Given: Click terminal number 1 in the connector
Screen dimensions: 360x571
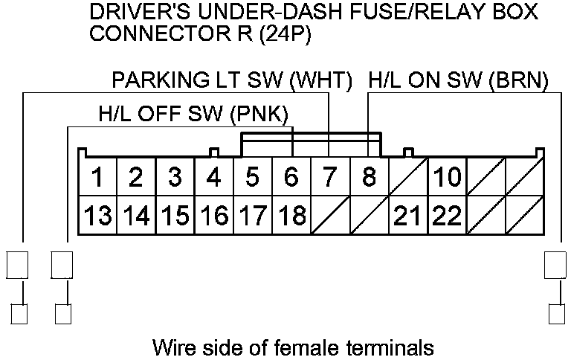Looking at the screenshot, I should [x=97, y=178].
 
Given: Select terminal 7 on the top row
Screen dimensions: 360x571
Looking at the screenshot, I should [x=329, y=178].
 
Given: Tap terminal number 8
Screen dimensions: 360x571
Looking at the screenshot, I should [x=369, y=178].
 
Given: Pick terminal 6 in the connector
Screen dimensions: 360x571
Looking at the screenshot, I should [x=291, y=178].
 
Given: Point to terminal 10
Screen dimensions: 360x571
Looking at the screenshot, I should [x=447, y=178].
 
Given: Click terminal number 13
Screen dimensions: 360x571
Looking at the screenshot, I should [x=97, y=216].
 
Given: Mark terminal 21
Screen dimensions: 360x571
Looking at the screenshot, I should [x=407, y=216].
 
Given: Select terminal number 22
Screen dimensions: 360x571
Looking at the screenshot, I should [x=447, y=216].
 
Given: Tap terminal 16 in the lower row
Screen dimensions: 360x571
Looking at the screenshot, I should [x=213, y=216].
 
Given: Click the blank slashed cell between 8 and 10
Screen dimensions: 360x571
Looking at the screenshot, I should [x=407, y=178].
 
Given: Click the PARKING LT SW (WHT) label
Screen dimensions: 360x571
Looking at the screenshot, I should [x=232, y=80].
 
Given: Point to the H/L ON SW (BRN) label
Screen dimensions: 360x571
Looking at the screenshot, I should [x=459, y=80].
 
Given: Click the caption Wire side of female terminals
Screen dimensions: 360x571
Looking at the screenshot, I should [x=292, y=347].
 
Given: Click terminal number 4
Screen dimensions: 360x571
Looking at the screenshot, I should [x=213, y=178].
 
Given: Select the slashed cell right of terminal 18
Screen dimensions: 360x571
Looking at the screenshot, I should [x=329, y=216].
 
